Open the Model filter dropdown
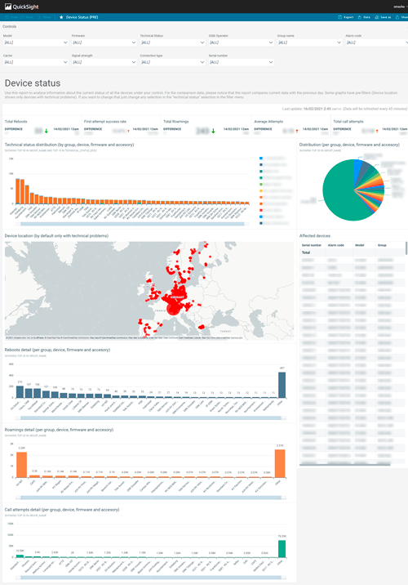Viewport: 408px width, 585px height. pos(33,42)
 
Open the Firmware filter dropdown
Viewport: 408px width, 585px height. pos(101,42)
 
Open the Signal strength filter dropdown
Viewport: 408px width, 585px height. pos(101,61)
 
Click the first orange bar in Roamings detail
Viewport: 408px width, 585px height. pos(22,462)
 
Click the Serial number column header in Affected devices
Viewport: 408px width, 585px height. pos(312,244)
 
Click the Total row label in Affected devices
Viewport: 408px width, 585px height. pos(308,252)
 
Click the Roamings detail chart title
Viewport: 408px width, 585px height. pos(59,428)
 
